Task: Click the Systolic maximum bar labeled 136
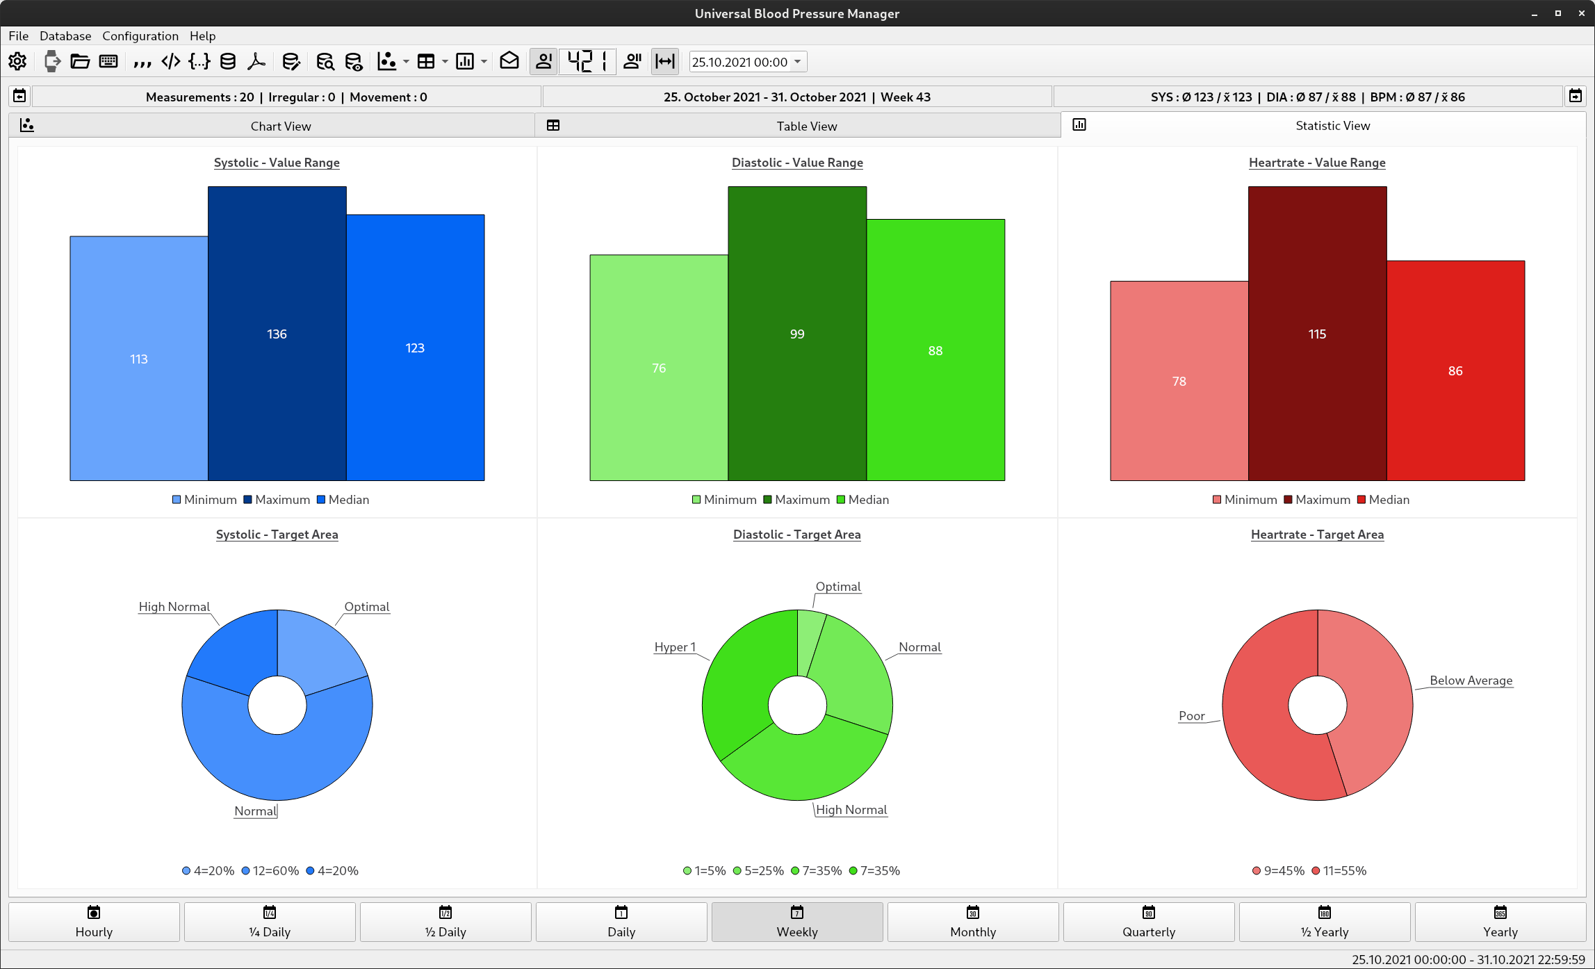[x=277, y=334]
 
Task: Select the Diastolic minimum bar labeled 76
[x=658, y=368]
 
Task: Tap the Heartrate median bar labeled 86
[x=1455, y=370]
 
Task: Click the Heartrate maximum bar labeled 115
[x=1317, y=334]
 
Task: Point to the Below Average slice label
[x=1471, y=681]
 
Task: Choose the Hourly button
[x=94, y=922]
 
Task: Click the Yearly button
[x=1500, y=922]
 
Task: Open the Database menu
[x=65, y=36]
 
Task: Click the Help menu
[x=202, y=36]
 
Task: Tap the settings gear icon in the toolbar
[x=17, y=62]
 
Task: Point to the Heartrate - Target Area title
[x=1317, y=535]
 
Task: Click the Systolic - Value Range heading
[x=277, y=163]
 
